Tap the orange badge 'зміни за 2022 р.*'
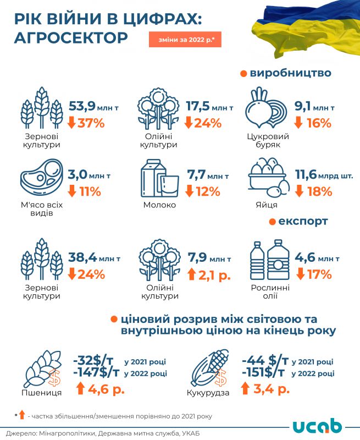(185, 40)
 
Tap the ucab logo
(317, 426)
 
